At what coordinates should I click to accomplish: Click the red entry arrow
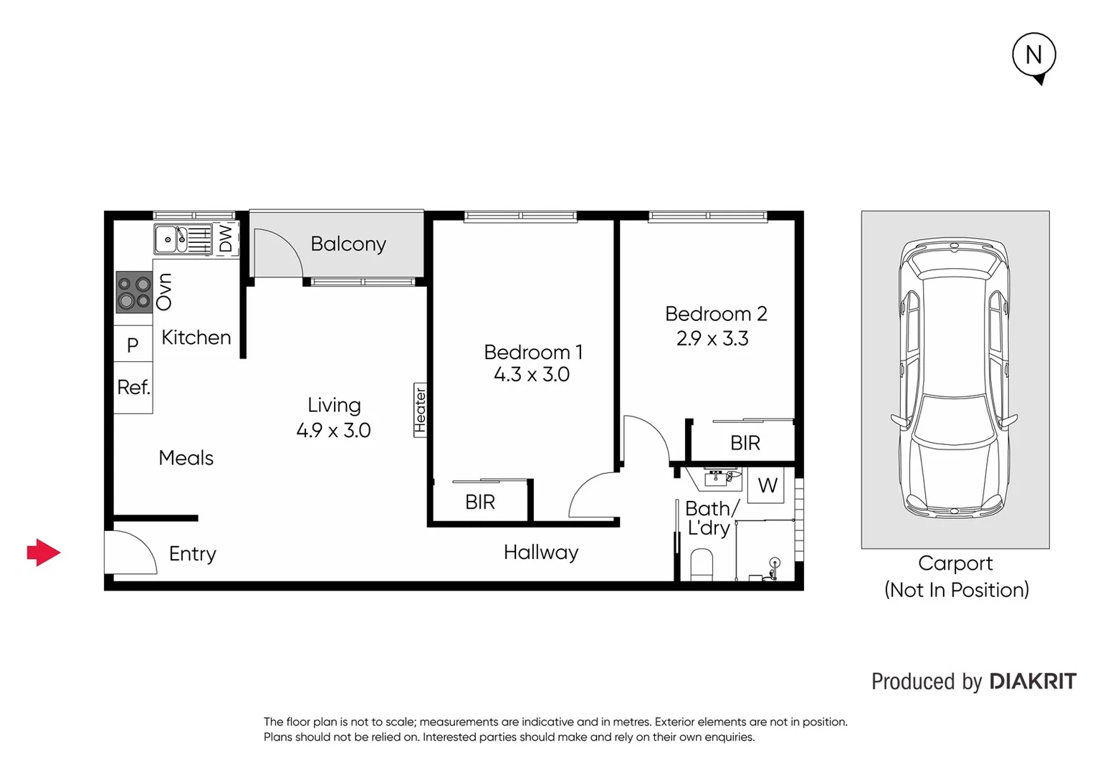[44, 553]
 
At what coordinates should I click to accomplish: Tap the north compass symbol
[1033, 56]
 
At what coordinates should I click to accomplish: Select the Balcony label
[348, 244]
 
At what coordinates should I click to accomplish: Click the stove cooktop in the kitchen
[134, 292]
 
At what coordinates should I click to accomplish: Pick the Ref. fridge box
[133, 388]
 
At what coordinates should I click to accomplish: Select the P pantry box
[133, 345]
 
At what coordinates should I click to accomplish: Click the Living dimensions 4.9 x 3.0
[333, 431]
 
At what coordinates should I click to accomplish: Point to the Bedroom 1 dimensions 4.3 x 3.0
[532, 375]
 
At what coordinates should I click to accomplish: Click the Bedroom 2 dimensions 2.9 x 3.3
[712, 339]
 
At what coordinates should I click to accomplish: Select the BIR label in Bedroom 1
[480, 502]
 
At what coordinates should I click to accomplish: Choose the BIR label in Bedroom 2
[745, 444]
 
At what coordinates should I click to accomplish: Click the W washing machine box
[768, 486]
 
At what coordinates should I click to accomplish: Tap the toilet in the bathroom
[702, 564]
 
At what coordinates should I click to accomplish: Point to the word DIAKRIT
[1033, 682]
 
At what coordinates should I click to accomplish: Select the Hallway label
[541, 553]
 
